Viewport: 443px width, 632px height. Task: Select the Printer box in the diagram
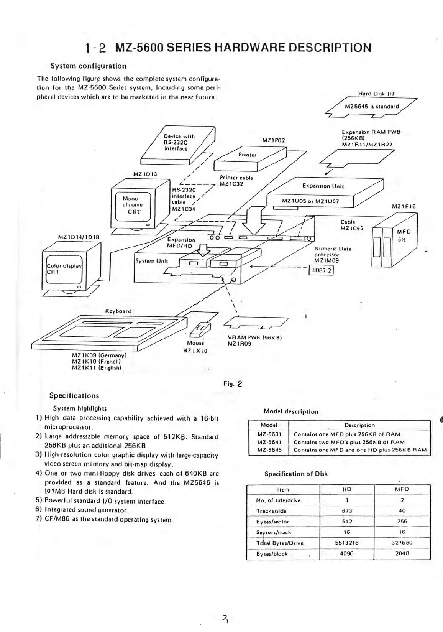[x=248, y=155]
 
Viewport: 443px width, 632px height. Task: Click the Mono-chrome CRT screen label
[x=133, y=205]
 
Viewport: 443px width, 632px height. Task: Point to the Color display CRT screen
[x=64, y=269]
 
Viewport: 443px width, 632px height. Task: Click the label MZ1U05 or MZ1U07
[x=310, y=201]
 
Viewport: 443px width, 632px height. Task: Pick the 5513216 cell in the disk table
[x=346, y=543]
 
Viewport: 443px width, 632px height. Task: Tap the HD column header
[x=346, y=489]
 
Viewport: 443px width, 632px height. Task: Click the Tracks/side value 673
[x=346, y=511]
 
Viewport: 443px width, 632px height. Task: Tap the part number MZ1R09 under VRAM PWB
[x=239, y=344]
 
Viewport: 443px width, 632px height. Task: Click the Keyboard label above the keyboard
[x=118, y=311]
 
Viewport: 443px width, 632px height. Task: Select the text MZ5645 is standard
[x=372, y=106]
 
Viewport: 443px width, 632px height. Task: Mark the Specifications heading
[x=74, y=396]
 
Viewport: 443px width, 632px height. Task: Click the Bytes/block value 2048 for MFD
[x=402, y=553]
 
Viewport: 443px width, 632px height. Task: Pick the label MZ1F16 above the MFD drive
[x=404, y=206]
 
